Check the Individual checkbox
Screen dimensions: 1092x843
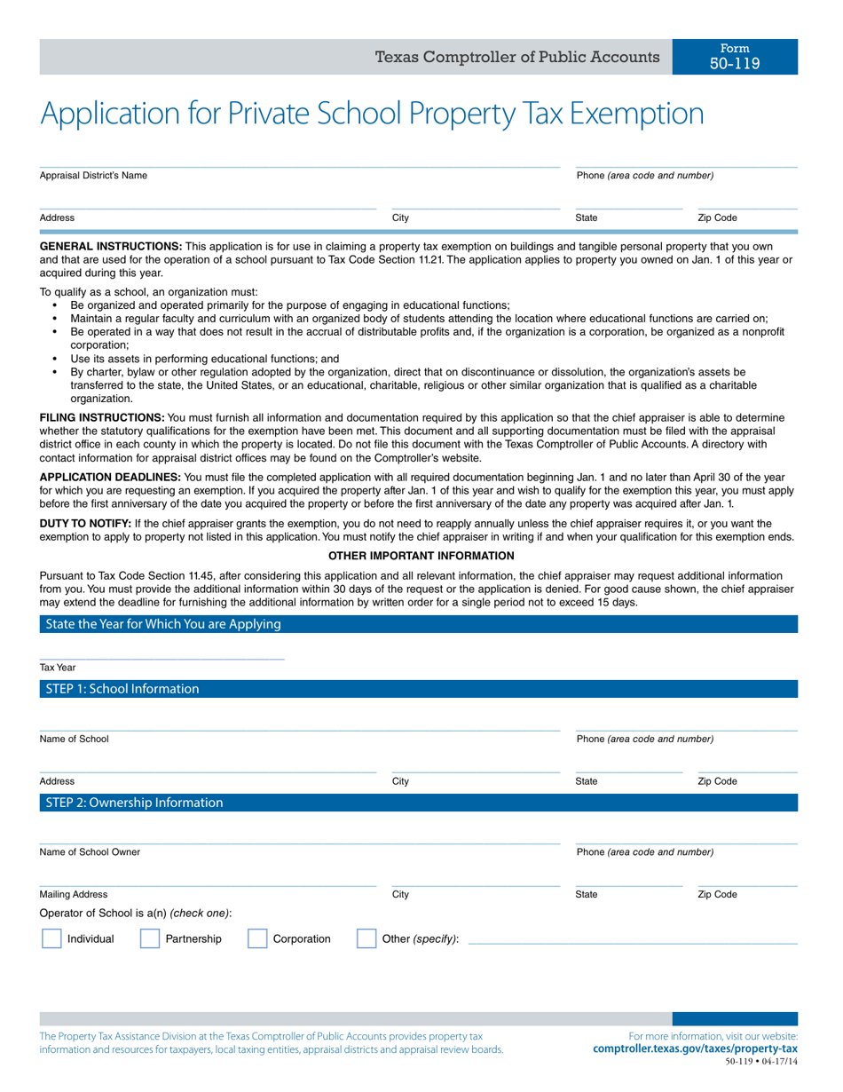[51, 938]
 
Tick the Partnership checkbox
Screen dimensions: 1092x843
[150, 938]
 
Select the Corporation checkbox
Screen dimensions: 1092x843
[257, 938]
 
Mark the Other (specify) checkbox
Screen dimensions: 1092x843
[366, 938]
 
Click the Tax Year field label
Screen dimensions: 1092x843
[58, 668]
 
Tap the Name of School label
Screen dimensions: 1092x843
[75, 739]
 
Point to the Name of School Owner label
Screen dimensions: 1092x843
[90, 852]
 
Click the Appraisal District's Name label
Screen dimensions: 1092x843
[93, 176]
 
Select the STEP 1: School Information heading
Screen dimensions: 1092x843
[122, 689]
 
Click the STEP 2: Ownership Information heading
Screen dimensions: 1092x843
[134, 803]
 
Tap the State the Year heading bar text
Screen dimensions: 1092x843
[163, 624]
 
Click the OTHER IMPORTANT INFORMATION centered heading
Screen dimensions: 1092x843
[421, 556]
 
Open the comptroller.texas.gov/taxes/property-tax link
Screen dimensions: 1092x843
[695, 1048]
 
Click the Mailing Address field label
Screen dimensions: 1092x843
[74, 895]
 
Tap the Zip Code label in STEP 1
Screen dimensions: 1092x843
[717, 781]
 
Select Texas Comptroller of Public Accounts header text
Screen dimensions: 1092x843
[517, 57]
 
